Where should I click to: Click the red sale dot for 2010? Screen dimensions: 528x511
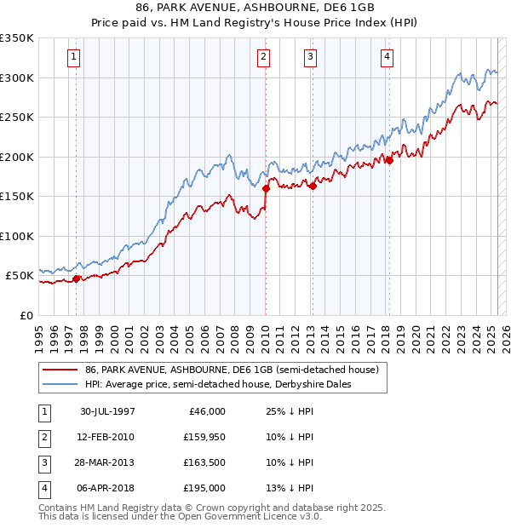point(265,189)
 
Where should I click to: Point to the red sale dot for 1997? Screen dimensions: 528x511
point(77,278)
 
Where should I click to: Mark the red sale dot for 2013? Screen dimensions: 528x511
point(312,187)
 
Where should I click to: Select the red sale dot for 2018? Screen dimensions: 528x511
point(389,159)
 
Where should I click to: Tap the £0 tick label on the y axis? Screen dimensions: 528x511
point(27,315)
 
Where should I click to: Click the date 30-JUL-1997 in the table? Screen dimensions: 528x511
point(107,411)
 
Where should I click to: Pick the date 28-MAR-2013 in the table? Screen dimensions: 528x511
point(107,462)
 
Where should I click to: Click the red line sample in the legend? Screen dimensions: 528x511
point(60,369)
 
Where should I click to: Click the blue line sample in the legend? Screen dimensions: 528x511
point(60,384)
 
